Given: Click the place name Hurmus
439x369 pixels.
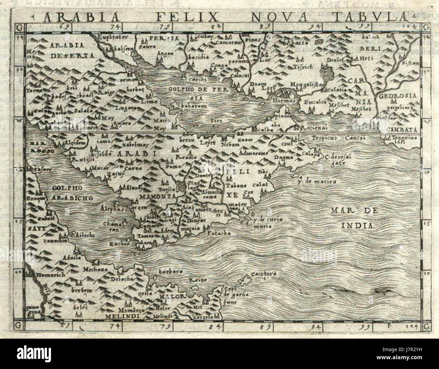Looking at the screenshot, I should point(285,101).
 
